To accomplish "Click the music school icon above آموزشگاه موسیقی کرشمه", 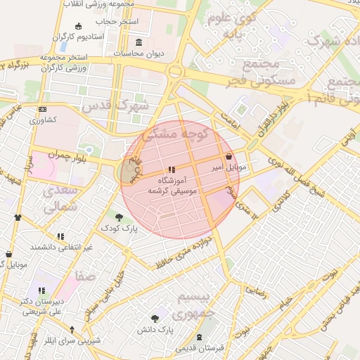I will [x=172, y=169].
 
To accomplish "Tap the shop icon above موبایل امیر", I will [x=230, y=157].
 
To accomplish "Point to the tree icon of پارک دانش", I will [x=155, y=319].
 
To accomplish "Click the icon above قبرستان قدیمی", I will [x=200, y=337].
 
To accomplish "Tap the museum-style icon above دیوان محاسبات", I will [x=138, y=42].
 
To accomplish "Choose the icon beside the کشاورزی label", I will [x=43, y=110].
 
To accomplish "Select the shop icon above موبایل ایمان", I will [x=8, y=254].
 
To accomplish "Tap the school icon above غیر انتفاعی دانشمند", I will [x=60, y=236].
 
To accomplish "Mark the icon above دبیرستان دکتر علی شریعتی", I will [x=42, y=290].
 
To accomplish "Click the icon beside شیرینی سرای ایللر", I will [x=71, y=329].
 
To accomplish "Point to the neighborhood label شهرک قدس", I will [x=115, y=106].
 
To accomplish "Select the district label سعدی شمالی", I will [x=60, y=199].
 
